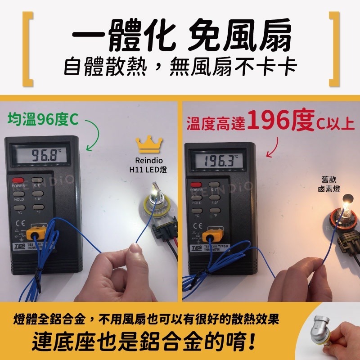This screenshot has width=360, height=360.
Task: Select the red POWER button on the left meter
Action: point(18,180)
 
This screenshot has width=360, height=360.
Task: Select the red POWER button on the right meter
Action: point(196,184)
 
